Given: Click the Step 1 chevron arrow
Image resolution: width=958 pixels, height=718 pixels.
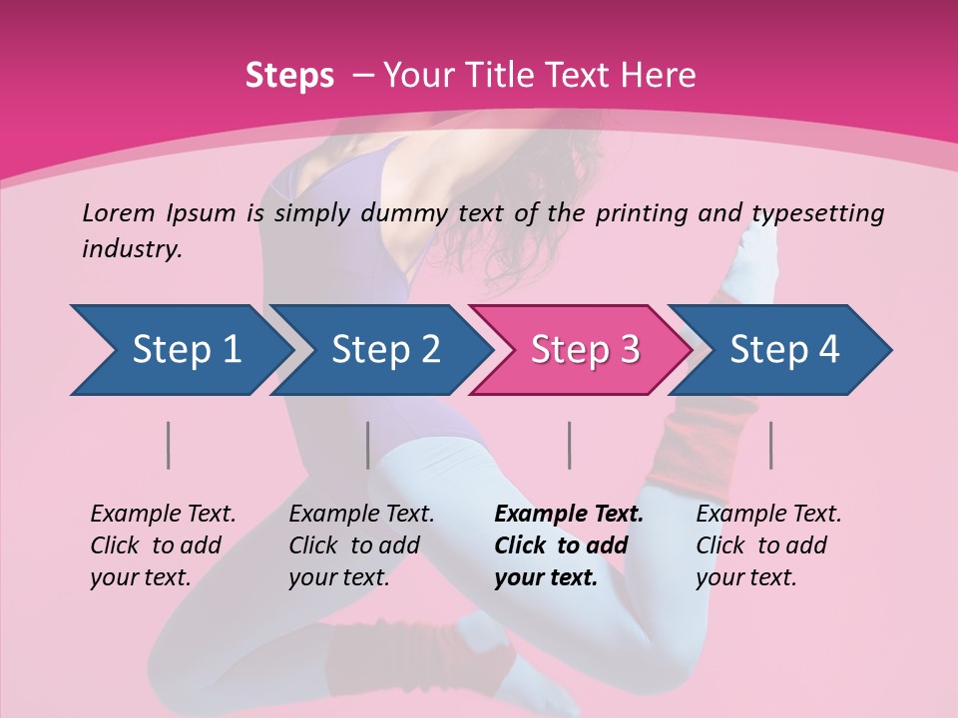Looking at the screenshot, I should click(x=185, y=350).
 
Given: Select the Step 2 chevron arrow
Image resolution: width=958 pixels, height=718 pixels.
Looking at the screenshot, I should click(x=384, y=350).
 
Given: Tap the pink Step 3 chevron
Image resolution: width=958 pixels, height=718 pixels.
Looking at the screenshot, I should click(x=584, y=350).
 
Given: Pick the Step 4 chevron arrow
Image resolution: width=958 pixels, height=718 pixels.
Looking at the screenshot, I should click(x=783, y=350).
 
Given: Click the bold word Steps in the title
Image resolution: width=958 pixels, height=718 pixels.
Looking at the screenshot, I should click(x=289, y=76).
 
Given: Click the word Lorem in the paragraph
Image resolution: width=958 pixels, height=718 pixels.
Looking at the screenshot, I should click(x=119, y=212).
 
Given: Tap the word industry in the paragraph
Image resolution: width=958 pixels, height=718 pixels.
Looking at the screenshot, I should click(x=132, y=249).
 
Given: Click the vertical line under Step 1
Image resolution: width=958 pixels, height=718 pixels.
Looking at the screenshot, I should click(x=169, y=445).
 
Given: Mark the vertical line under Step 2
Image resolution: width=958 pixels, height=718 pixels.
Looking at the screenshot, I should click(x=368, y=445).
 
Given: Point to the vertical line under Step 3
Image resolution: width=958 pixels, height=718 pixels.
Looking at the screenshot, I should click(x=570, y=445).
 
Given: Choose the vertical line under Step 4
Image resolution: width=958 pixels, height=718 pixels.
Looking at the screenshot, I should click(x=771, y=445).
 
